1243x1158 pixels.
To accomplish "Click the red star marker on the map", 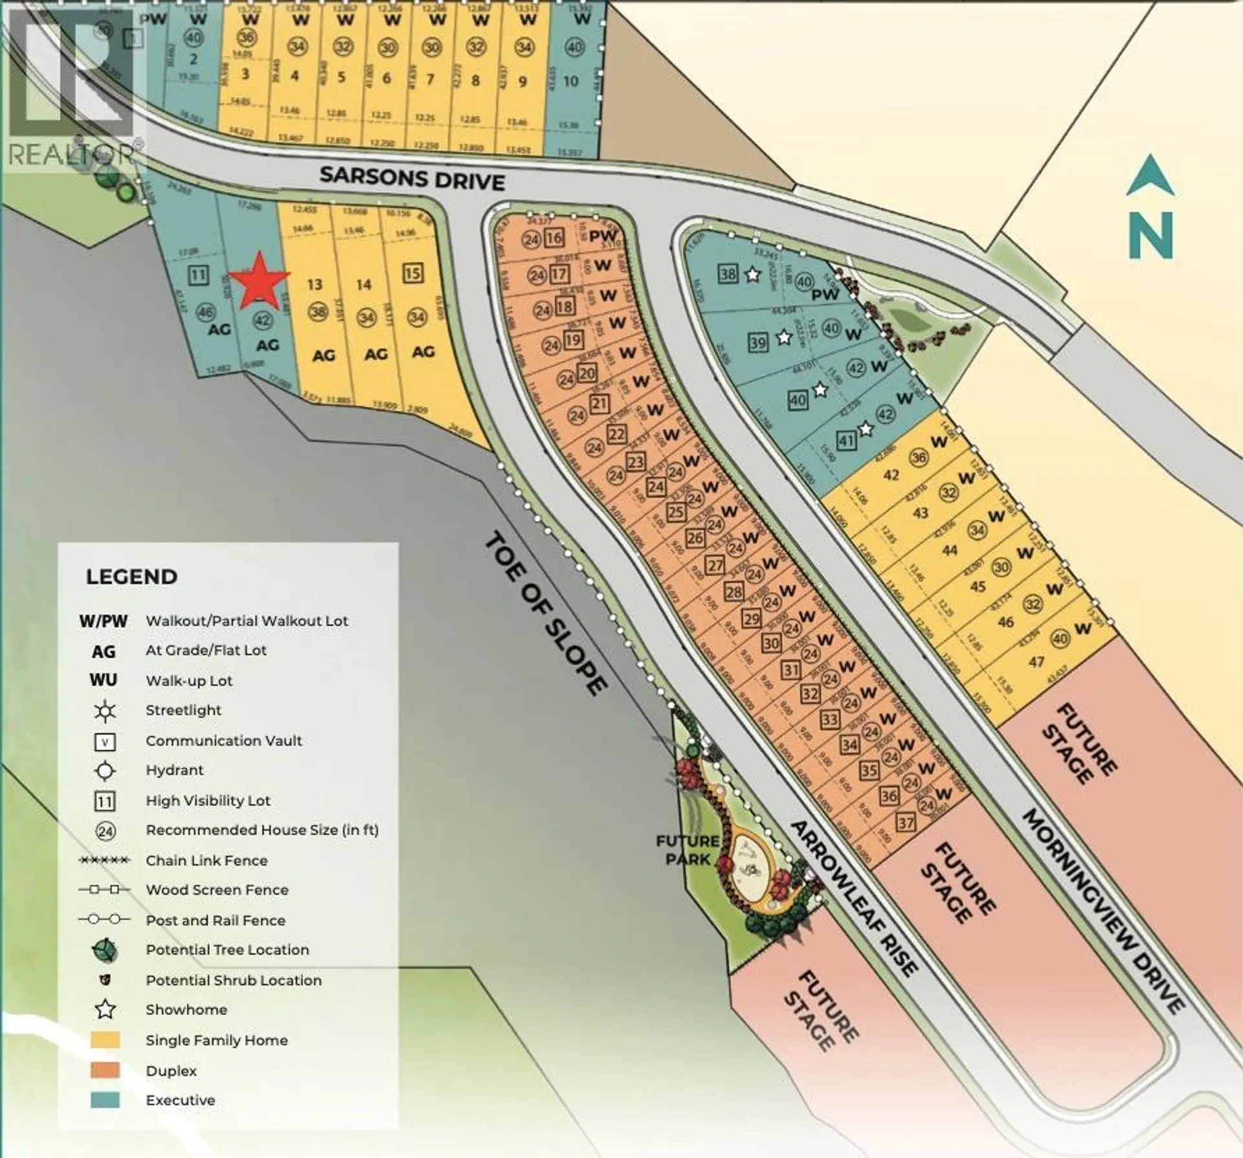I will (x=258, y=282).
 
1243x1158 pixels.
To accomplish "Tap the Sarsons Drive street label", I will (x=412, y=178).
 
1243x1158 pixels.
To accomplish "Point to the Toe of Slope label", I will (x=545, y=612).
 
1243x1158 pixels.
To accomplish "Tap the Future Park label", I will (x=687, y=850).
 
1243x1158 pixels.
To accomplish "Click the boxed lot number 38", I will (x=728, y=274).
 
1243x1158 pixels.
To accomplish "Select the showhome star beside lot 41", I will (x=866, y=429).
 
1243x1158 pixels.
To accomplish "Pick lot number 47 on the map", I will (x=1036, y=662).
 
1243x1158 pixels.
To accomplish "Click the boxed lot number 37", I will (x=906, y=823).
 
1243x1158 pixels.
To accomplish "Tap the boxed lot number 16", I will (x=554, y=238).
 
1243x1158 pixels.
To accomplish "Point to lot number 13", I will (x=315, y=284).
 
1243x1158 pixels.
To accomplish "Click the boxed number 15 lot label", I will (x=412, y=273).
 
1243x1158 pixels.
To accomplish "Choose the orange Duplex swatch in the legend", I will (x=106, y=1070).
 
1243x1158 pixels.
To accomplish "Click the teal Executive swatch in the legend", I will (x=106, y=1100).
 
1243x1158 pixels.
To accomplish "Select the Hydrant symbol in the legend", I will (x=105, y=771).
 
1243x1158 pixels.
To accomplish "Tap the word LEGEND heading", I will (x=131, y=577).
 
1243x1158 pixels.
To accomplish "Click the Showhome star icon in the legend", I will (x=105, y=1010).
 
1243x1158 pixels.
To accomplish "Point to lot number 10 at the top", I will (x=570, y=82).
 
